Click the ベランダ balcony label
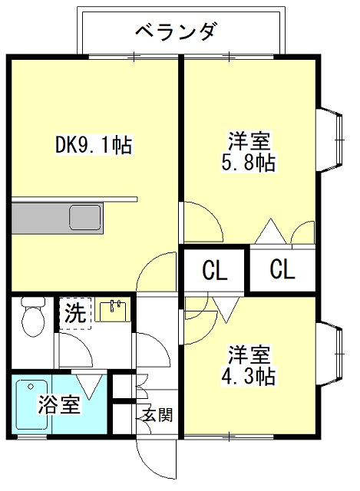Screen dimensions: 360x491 tap(176, 32)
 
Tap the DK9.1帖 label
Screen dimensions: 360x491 tap(94, 145)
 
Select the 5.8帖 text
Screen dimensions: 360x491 tap(248, 162)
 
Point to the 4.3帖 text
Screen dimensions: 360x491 tap(248, 377)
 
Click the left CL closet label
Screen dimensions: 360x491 tap(214, 271)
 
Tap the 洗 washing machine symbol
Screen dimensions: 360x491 tap(75, 313)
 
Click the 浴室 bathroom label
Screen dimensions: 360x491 tap(59, 404)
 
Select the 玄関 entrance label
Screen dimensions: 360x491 tap(157, 415)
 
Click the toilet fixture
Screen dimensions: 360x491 tap(32, 316)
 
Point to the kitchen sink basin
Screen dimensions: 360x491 tap(85, 217)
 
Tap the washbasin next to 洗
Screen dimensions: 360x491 tap(112, 311)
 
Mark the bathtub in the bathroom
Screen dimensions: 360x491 tap(32, 404)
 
